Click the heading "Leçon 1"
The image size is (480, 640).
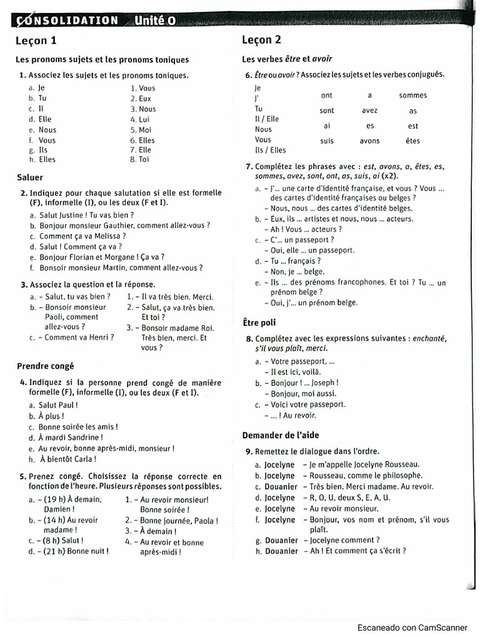[x=36, y=41]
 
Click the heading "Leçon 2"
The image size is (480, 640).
[x=261, y=40]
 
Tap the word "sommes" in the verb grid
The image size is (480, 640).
[x=412, y=96]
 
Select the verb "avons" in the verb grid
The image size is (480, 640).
[x=369, y=141]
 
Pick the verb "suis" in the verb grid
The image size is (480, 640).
[x=327, y=141]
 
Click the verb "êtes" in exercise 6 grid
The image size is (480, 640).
[x=412, y=141]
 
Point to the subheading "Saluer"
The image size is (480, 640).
[x=30, y=177]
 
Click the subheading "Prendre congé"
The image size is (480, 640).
[x=45, y=366]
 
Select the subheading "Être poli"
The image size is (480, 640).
[x=259, y=322]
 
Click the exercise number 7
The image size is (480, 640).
[x=249, y=167]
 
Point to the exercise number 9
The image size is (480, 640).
[x=249, y=451]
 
